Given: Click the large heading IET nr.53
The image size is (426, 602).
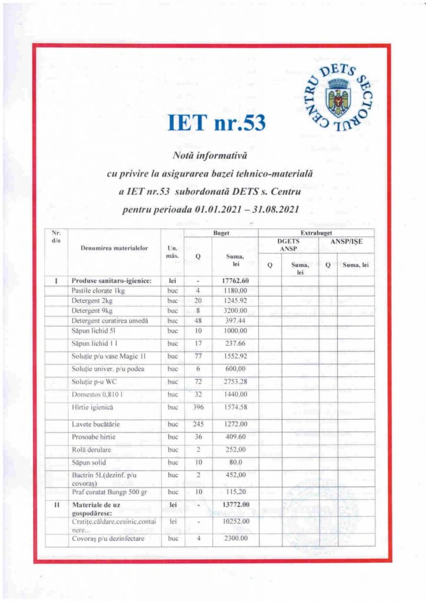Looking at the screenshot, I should pyautogui.click(x=217, y=123).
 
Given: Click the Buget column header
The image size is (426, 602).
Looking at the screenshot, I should pyautogui.click(x=221, y=233).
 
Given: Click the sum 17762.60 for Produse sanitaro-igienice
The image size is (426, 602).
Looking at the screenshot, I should pyautogui.click(x=235, y=280).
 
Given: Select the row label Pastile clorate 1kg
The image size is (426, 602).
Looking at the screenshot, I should pyautogui.click(x=98, y=290).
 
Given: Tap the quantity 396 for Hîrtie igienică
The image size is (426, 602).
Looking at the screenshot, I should pyautogui.click(x=198, y=407).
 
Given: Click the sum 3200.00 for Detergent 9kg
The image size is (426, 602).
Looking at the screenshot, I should pyautogui.click(x=235, y=310).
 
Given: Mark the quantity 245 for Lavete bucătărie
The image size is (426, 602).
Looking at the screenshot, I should pyautogui.click(x=198, y=424).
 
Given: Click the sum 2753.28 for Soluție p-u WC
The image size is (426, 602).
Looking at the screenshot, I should pyautogui.click(x=235, y=382).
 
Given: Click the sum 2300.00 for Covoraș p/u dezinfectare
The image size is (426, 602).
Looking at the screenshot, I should pyautogui.click(x=235, y=538).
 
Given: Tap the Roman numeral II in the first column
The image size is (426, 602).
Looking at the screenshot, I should pyautogui.click(x=56, y=504).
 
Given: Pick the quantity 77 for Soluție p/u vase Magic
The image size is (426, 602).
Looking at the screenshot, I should pyautogui.click(x=198, y=356).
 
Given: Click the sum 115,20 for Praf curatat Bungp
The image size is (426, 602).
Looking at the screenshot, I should pyautogui.click(x=235, y=491).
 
